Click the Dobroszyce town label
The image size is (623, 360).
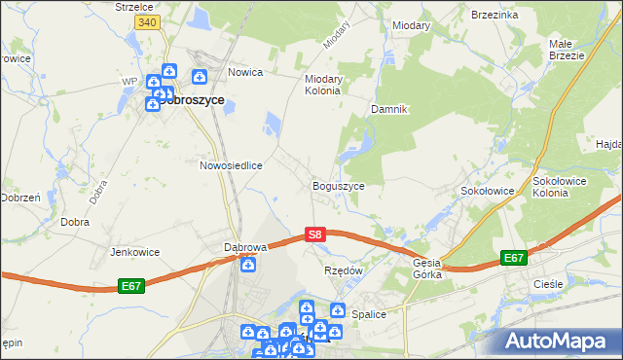click(193, 99)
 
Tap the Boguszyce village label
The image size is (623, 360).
click(338, 185)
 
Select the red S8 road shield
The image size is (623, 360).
click(314, 234)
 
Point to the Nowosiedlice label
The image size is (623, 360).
click(231, 165)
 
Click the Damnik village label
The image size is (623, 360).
click(387, 109)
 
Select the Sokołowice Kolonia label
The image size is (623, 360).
click(564, 187)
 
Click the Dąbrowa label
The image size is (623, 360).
click(245, 247)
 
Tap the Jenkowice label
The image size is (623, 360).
click(134, 252)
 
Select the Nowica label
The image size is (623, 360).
click(246, 72)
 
